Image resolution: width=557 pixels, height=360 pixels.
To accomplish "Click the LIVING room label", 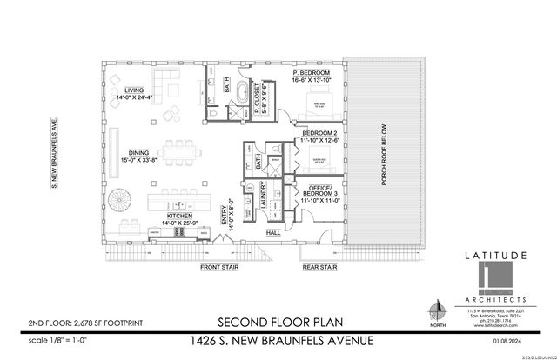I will (133, 89).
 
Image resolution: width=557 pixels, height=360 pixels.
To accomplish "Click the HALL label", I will (272, 233).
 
